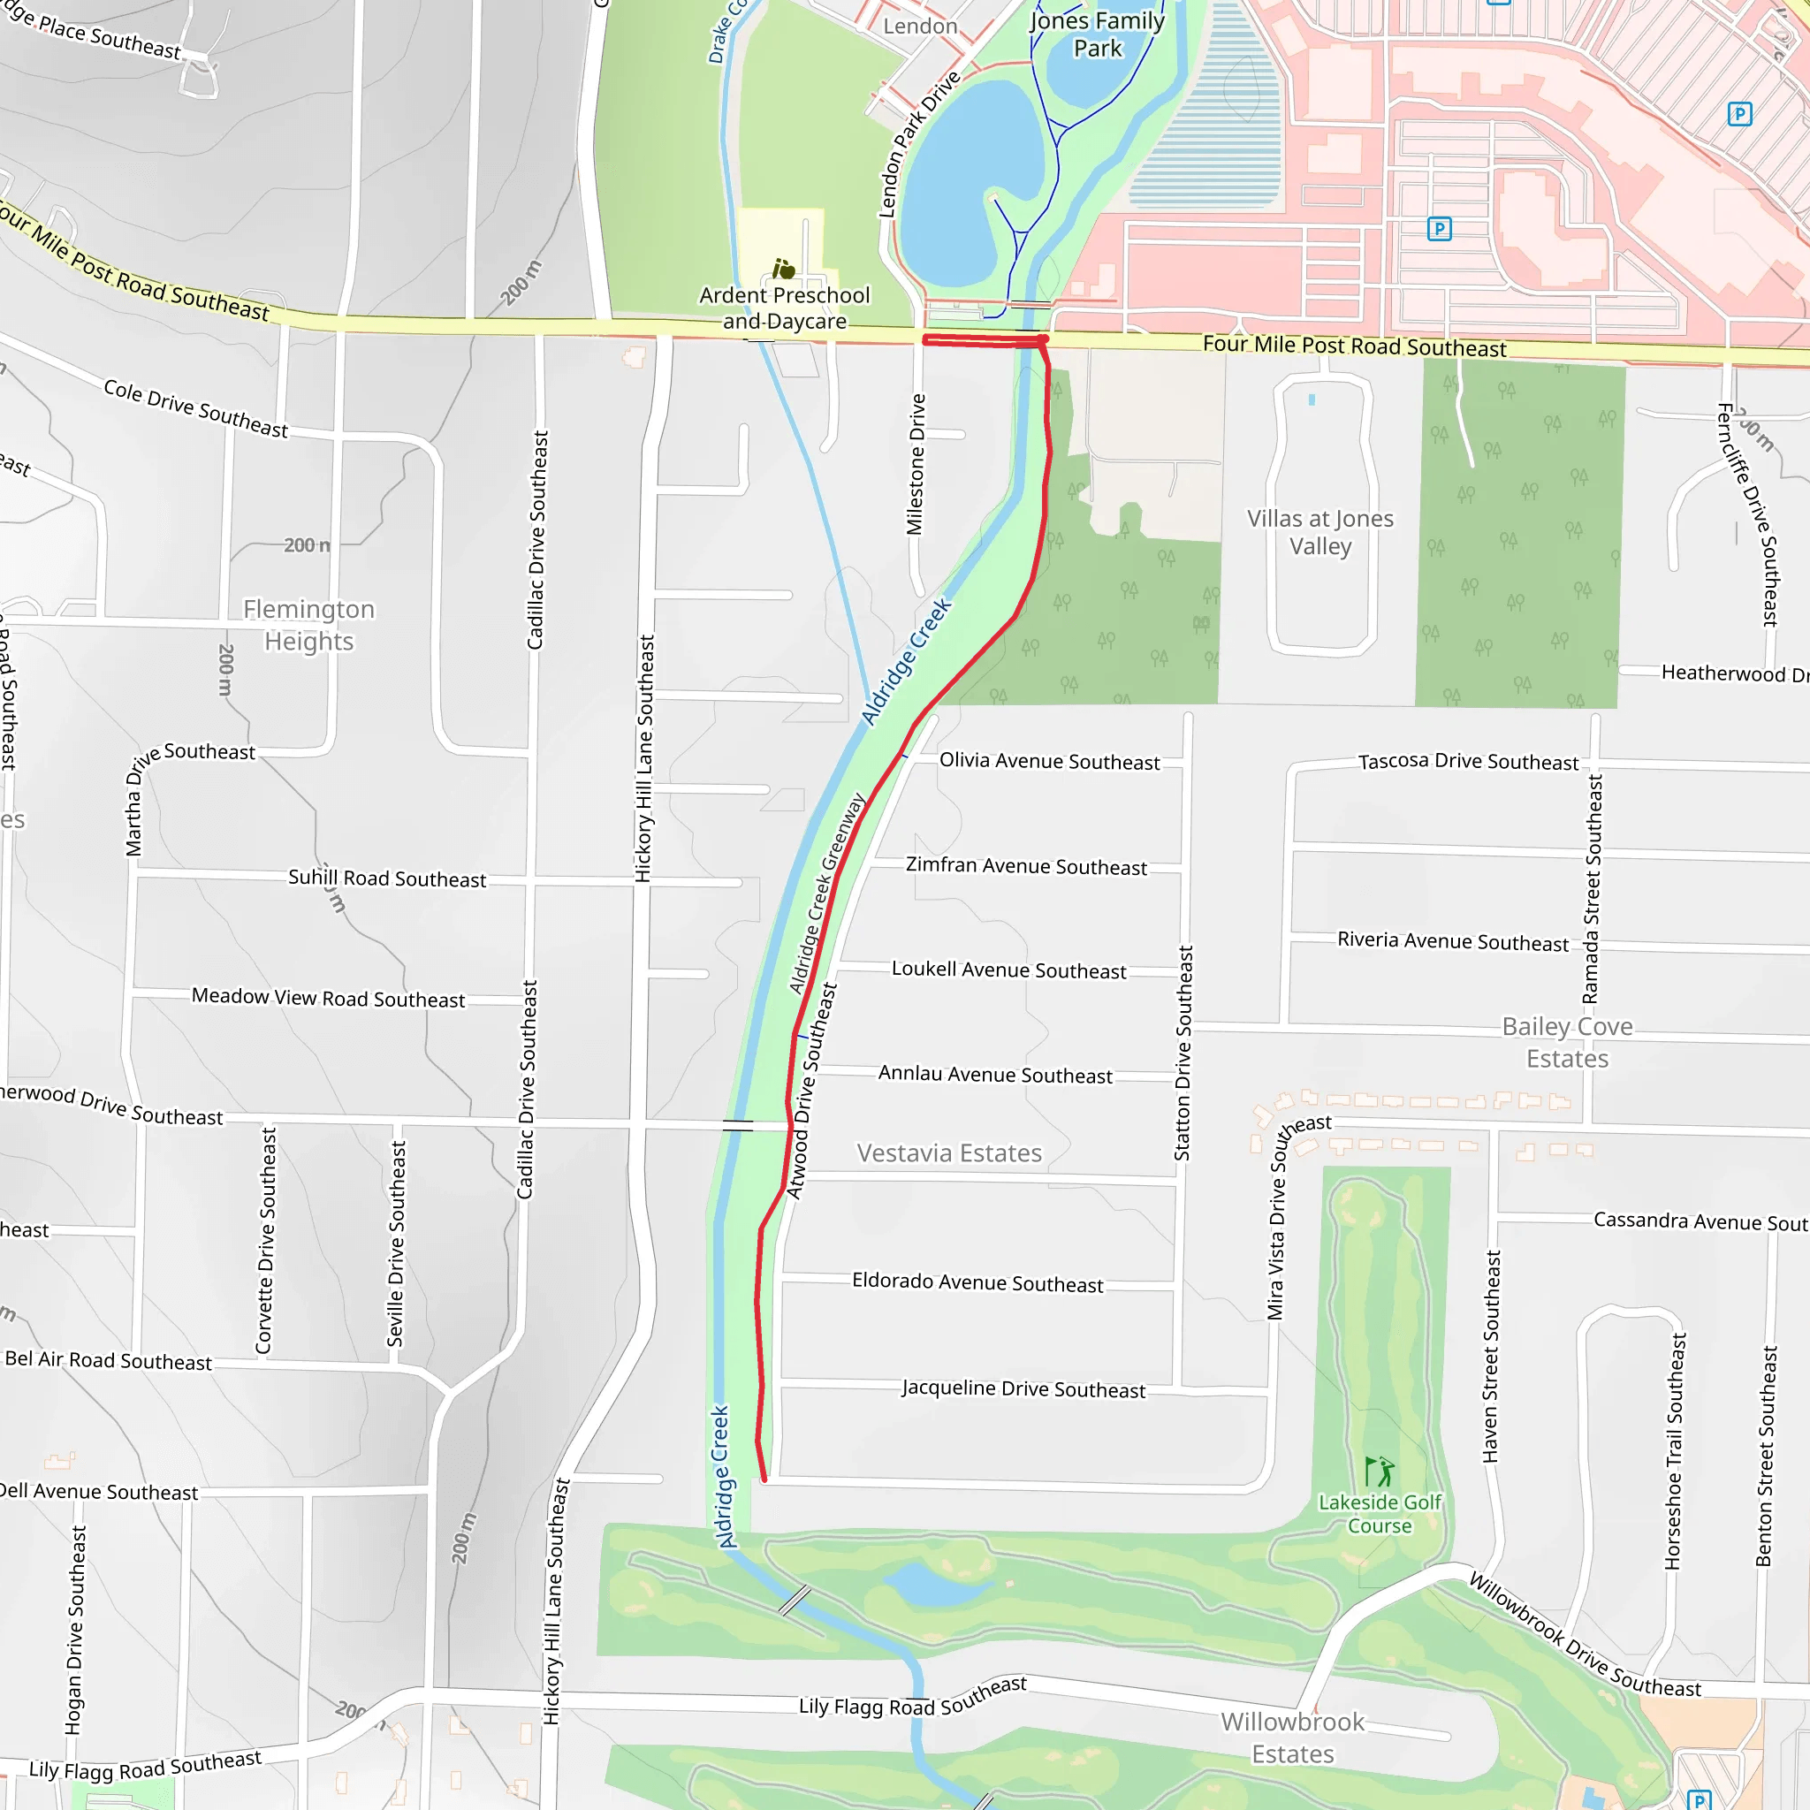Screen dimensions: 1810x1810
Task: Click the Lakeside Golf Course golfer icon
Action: (x=1378, y=1472)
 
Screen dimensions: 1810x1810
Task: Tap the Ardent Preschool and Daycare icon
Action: (x=783, y=270)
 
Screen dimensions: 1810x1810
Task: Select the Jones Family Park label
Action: (x=1097, y=34)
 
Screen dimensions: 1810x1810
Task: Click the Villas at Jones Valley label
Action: (x=1319, y=532)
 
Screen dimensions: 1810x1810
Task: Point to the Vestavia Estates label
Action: (x=949, y=1153)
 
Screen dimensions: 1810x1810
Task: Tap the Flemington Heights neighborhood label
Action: (x=309, y=625)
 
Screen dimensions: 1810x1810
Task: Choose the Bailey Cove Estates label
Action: (x=1566, y=1043)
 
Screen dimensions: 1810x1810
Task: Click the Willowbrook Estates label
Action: (x=1292, y=1738)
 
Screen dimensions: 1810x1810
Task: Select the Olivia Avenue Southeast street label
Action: (x=1049, y=761)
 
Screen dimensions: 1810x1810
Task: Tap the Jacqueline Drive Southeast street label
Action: (x=1023, y=1388)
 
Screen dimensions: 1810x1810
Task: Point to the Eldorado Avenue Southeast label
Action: (x=977, y=1282)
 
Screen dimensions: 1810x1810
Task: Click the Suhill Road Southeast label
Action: (x=387, y=878)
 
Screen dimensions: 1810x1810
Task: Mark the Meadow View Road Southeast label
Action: (x=328, y=998)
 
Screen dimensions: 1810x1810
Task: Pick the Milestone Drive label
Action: (x=916, y=464)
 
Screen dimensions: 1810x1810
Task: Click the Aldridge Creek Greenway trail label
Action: (x=826, y=893)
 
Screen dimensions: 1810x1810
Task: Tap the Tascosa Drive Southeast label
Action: (x=1467, y=761)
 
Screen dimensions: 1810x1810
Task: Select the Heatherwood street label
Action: (x=1733, y=673)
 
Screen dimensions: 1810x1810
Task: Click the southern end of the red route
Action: (x=764, y=1480)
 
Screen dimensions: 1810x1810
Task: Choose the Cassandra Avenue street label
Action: (x=1700, y=1221)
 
